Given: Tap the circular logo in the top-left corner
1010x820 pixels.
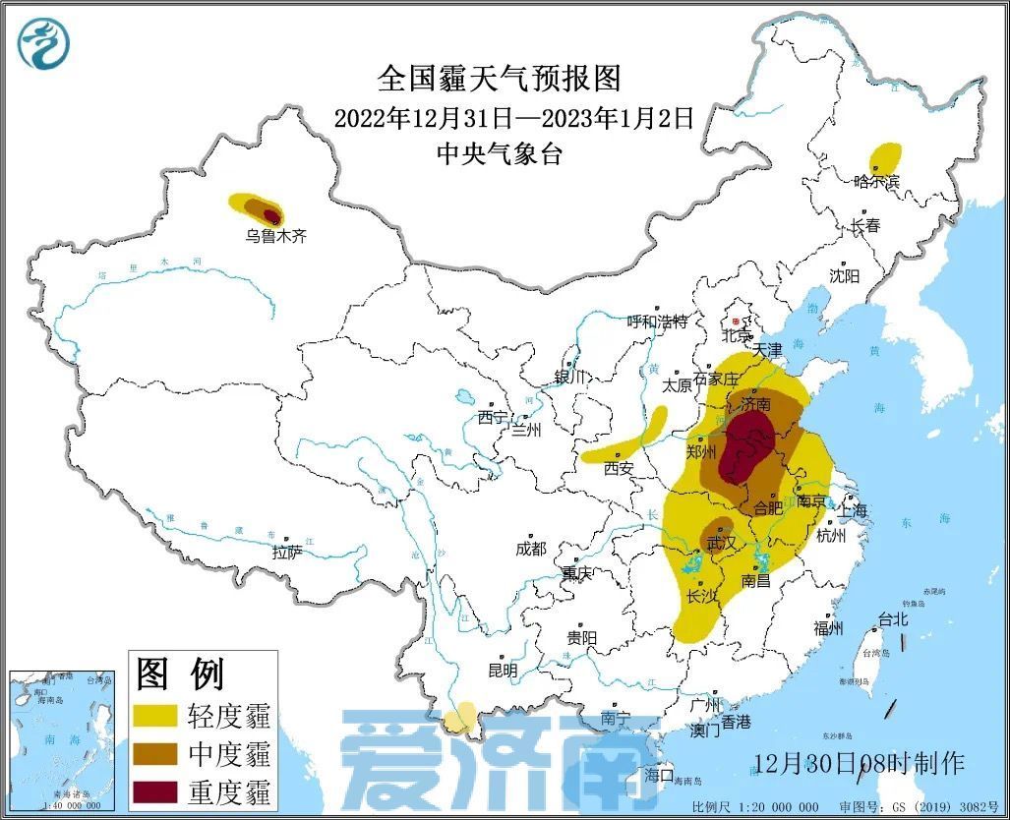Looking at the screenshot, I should tap(44, 44).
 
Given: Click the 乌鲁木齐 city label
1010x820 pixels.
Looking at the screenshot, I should tap(276, 236).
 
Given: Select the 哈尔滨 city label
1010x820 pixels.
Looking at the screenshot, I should tap(877, 181).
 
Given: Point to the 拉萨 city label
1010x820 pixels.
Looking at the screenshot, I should tap(287, 553).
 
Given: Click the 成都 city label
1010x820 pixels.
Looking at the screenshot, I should tap(530, 549).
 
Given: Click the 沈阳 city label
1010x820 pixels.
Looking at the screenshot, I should tap(844, 276).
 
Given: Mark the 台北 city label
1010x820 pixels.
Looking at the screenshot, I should tap(893, 620).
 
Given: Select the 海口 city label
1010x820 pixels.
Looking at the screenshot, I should tap(659, 775).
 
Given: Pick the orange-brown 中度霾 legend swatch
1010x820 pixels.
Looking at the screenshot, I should tap(155, 753).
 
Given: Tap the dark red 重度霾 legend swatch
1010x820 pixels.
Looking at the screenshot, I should tap(155, 791).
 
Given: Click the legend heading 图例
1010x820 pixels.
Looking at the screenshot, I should tap(181, 674).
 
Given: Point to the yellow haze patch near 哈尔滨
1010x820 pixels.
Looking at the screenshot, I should tap(885, 157).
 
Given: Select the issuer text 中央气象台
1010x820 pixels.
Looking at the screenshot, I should tap(500, 153).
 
